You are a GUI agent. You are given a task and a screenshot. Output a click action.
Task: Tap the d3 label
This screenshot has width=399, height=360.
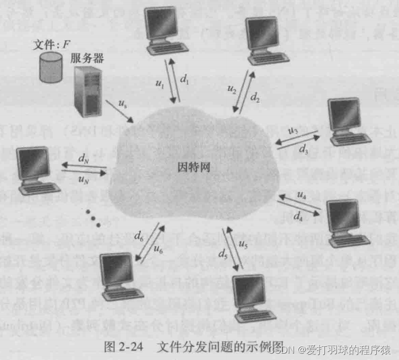click(x=303, y=149)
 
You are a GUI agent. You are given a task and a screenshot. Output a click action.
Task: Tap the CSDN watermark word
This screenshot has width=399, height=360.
click(x=279, y=350)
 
